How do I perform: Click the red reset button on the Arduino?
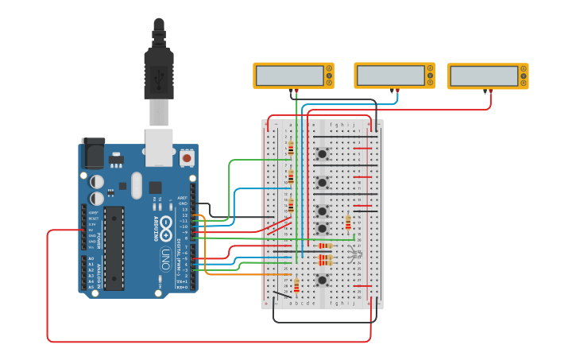pos(187,158)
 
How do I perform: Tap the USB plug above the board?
pos(158,72)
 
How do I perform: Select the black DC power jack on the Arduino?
pos(92,152)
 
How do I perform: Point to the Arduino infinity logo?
pos(165,227)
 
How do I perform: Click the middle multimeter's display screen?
pos(389,75)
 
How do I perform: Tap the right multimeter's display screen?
pos(483,76)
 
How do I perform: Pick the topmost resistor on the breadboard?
pos(291,147)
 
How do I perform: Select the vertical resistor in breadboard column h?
pos(348,223)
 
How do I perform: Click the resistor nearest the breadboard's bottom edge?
pos(296,285)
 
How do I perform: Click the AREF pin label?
pos(182,197)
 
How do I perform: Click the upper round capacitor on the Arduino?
pos(97,181)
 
